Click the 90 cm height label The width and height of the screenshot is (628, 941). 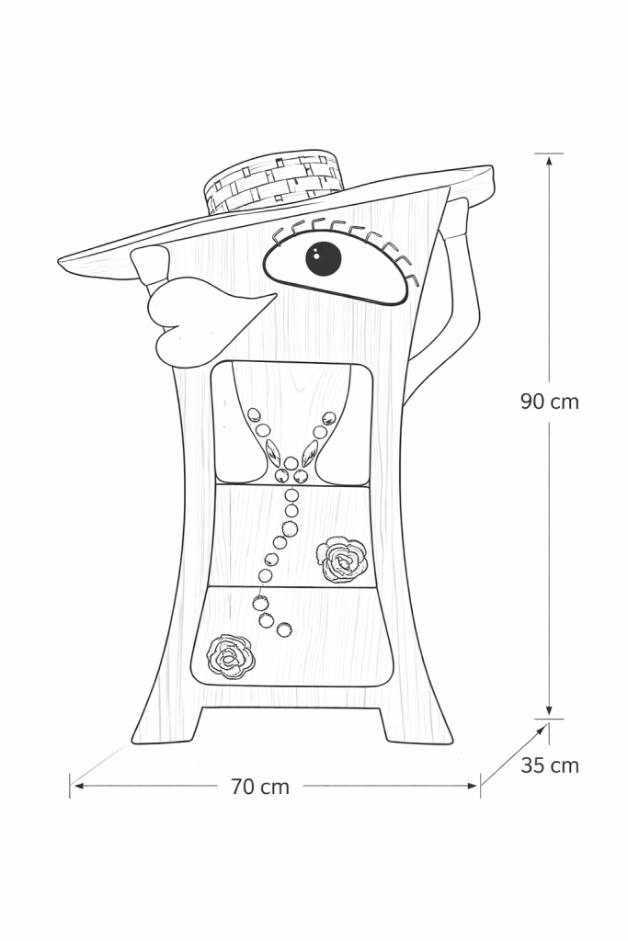pos(549,402)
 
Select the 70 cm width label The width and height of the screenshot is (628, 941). pos(259,787)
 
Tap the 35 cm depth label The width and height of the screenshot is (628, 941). pos(550,765)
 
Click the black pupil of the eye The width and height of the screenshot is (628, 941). pos(323,258)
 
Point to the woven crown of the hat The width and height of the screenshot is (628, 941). pos(273,182)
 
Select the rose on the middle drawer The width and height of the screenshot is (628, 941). pos(342,560)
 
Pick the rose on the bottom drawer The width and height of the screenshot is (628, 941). pos(230,656)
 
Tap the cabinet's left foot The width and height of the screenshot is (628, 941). pos(168,726)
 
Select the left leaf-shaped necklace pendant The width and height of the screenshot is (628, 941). pos(273,452)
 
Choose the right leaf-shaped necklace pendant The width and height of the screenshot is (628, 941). pos(310,452)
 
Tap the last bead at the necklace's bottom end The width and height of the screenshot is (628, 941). pos(284,630)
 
